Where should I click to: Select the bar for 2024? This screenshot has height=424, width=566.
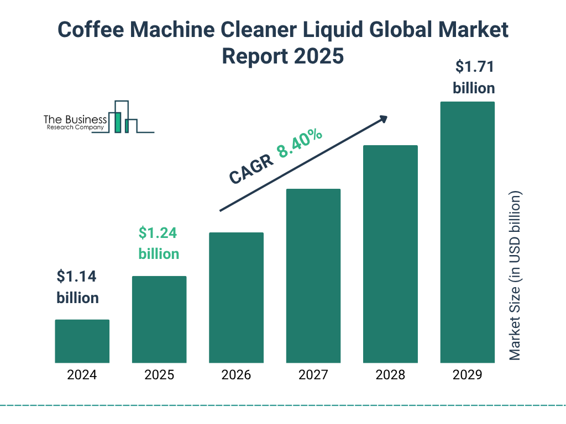click(x=82, y=341)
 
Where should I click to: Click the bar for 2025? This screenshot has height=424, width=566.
click(x=159, y=319)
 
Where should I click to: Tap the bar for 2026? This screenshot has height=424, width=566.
click(x=236, y=298)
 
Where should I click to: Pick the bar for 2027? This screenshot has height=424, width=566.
click(x=313, y=275)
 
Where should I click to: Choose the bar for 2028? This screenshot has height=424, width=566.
click(x=390, y=254)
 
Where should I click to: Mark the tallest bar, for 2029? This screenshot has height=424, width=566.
click(x=467, y=232)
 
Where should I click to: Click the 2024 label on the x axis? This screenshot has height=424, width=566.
click(x=82, y=375)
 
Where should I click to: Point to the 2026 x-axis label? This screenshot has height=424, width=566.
click(x=236, y=375)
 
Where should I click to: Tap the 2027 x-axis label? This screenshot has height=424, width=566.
click(x=313, y=375)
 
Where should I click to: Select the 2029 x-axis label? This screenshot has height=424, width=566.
click(x=467, y=375)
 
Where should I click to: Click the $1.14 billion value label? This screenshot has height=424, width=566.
click(x=78, y=287)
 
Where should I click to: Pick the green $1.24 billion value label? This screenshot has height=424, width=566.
click(x=159, y=243)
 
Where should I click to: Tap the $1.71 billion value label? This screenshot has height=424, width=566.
click(x=474, y=77)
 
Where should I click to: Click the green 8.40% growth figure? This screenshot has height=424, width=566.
click(x=300, y=144)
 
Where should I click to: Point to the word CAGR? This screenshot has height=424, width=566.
click(x=250, y=169)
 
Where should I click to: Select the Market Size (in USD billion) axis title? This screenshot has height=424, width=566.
click(x=515, y=275)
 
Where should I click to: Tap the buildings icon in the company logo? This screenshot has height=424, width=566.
click(x=124, y=117)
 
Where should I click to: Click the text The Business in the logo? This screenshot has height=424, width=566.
click(x=75, y=119)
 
